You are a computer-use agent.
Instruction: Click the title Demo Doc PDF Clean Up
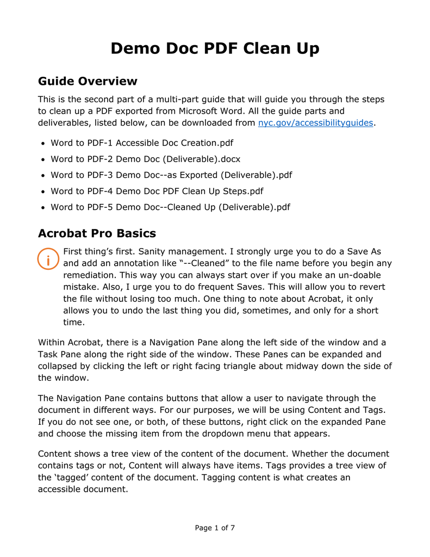(215, 48)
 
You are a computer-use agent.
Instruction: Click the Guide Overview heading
(88, 82)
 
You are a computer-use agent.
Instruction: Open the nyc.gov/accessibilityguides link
(315, 123)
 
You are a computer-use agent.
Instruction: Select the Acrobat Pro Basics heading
(97, 234)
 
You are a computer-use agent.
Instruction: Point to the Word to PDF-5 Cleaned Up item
(170, 207)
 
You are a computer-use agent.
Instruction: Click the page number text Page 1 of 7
(215, 528)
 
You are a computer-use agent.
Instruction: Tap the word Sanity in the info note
(154, 251)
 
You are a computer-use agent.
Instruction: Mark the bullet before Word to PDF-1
(42, 144)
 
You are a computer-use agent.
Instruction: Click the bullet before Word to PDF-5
(42, 208)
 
